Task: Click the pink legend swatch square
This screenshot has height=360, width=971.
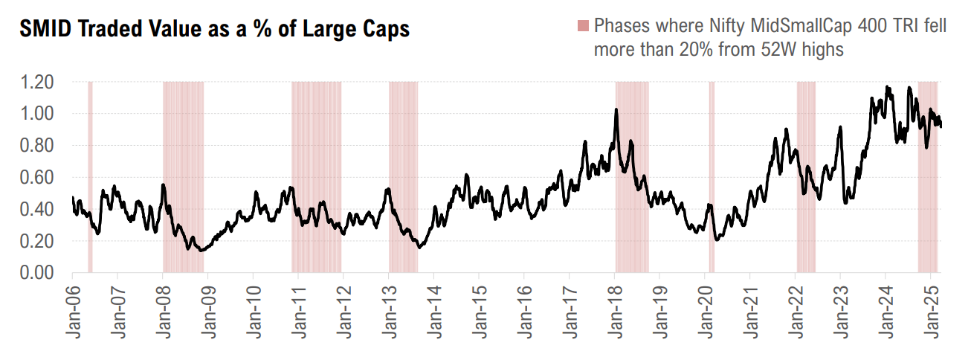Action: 581,27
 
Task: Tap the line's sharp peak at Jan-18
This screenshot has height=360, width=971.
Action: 616,110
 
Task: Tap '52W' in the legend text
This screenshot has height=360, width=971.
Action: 763,49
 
